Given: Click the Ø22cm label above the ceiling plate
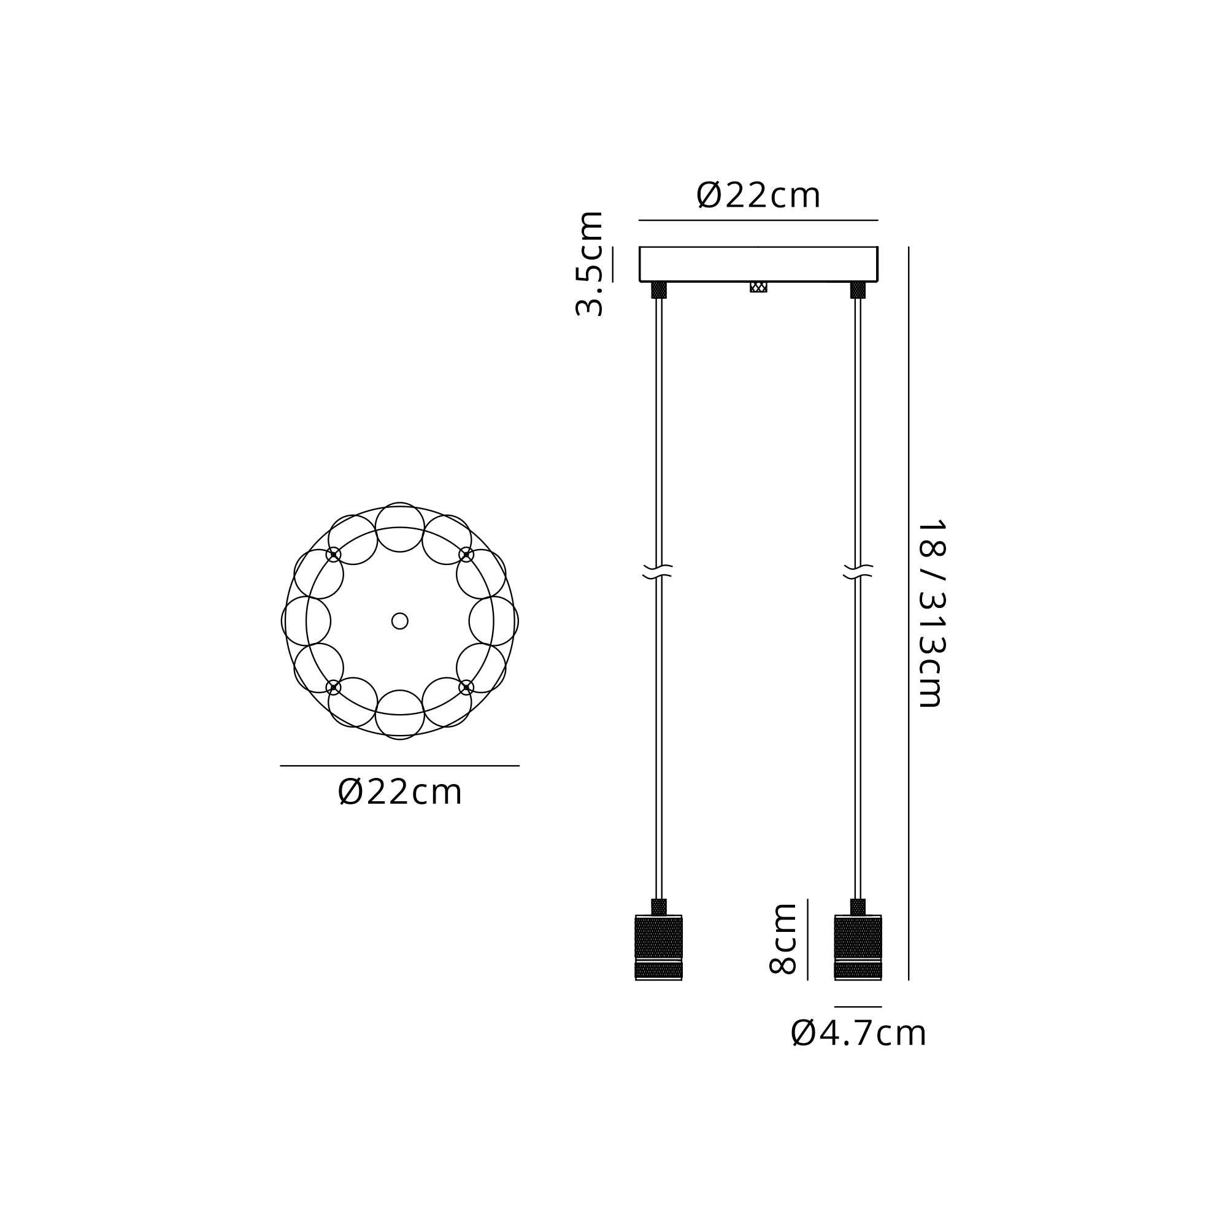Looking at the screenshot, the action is click(758, 195).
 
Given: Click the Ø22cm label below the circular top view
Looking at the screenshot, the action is click(399, 792).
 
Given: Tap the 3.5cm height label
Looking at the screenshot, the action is click(589, 263).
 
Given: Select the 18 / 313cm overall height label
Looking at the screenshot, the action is click(933, 613).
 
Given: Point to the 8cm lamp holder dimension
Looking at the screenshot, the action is click(782, 939).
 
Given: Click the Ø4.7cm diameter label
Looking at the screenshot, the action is click(859, 1033).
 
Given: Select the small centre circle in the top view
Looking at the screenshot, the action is click(399, 621).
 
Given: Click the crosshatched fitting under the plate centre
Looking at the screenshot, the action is click(758, 287).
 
